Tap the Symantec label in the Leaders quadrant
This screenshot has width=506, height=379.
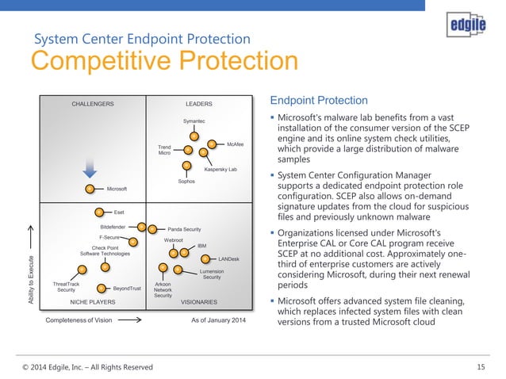[x=194, y=121]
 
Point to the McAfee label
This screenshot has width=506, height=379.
[x=235, y=144]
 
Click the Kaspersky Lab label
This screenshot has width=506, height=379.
[x=220, y=170]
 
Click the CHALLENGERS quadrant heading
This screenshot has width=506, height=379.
[x=93, y=104]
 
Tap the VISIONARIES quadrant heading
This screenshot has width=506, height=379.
[x=203, y=302]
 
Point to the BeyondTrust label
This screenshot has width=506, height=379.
[x=126, y=289]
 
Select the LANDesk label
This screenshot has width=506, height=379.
[x=228, y=259]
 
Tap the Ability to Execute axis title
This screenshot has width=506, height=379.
[x=31, y=274]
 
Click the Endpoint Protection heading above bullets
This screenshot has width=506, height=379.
[x=319, y=101]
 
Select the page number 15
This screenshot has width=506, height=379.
[x=481, y=366]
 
